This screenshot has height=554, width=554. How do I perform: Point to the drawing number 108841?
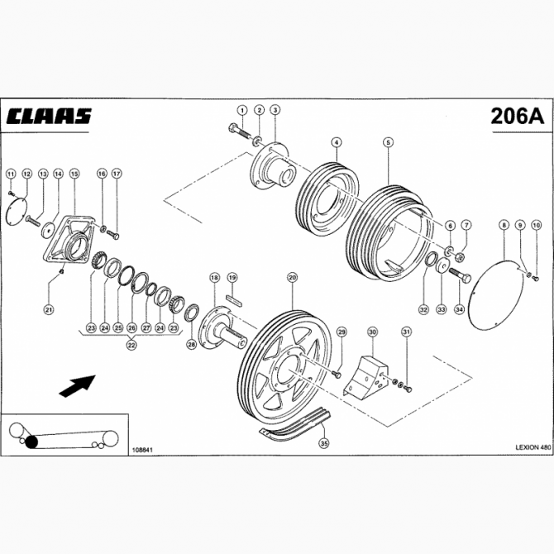click(x=142, y=450)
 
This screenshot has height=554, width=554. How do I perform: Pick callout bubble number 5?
click(x=388, y=142)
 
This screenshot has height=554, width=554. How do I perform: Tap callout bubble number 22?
click(x=131, y=345)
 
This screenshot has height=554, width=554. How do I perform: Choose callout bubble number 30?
click(x=372, y=332)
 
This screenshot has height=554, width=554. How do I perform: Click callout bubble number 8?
click(x=503, y=225)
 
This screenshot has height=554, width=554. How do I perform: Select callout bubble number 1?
click(x=242, y=109)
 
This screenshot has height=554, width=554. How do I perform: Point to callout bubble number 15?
click(x=74, y=174)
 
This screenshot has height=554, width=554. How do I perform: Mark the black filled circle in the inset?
click(x=32, y=442)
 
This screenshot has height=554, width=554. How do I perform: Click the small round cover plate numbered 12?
click(x=14, y=207)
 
